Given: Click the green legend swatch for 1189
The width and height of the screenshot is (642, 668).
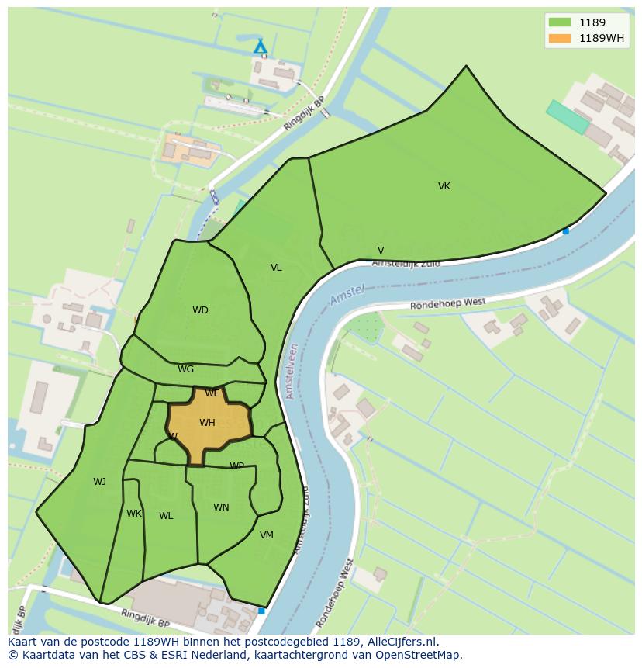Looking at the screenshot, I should point(558,22).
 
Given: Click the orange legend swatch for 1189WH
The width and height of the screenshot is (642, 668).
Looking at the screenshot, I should point(558,38).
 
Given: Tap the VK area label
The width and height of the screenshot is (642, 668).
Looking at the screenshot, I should point(444,186).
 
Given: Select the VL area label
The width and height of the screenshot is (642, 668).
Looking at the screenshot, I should point(276,268).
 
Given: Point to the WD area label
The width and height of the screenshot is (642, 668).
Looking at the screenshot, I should point(200,310).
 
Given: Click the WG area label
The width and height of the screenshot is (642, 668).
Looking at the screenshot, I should point(186,369).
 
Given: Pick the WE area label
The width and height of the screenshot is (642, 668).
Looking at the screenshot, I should point(212,393).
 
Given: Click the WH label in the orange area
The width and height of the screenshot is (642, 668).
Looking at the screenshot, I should point(207,423).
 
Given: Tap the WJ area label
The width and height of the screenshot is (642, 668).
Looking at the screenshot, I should point(99,482).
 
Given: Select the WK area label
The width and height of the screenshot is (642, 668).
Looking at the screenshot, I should point(134,514).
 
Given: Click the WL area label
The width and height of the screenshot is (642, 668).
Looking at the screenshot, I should point(166,516).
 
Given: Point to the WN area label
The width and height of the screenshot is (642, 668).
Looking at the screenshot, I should point(221,507).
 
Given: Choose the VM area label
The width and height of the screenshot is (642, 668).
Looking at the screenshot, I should point(267,535).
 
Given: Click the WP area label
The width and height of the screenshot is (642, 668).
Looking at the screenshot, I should point(236,466).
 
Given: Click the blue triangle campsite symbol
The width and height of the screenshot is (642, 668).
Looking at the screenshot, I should point(261,47).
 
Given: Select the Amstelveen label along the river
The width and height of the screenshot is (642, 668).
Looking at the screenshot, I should point(292,372).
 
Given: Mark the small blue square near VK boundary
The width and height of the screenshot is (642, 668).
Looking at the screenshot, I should point(566,230).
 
